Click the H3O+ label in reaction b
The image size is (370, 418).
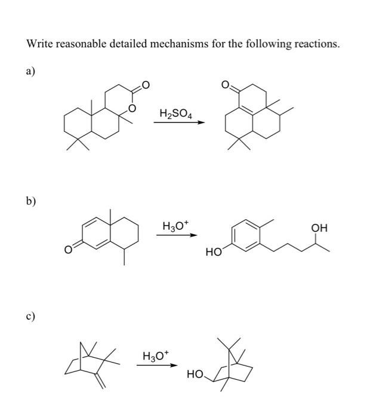point(175,226)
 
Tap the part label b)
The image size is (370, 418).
point(30,201)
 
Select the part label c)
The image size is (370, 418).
point(30,316)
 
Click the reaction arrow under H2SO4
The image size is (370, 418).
point(178,123)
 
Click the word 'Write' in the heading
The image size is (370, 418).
point(40,44)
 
